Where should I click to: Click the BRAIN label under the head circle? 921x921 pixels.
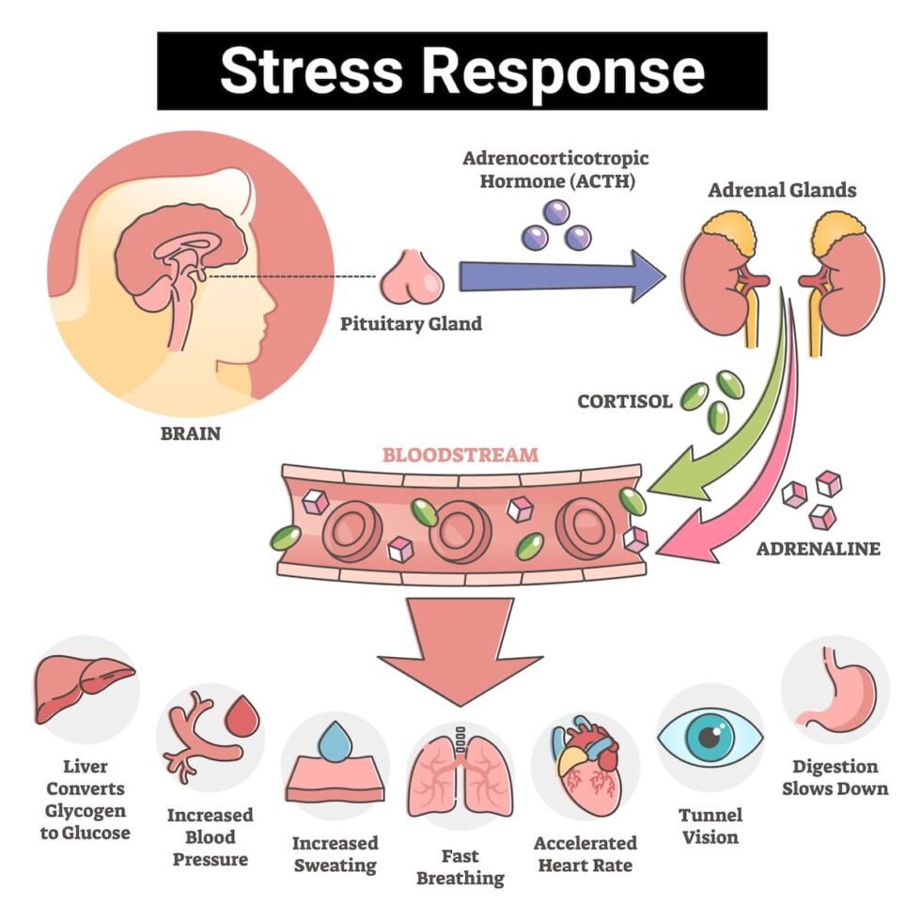[190, 434]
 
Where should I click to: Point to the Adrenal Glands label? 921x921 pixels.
[782, 190]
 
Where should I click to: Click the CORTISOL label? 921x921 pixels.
[625, 401]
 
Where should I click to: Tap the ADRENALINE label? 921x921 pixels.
[819, 548]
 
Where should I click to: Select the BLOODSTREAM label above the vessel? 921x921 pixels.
[460, 455]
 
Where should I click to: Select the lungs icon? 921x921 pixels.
[460, 775]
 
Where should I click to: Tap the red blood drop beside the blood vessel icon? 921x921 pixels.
[244, 718]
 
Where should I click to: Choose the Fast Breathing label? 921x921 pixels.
[460, 866]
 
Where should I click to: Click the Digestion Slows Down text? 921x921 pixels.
[835, 777]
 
